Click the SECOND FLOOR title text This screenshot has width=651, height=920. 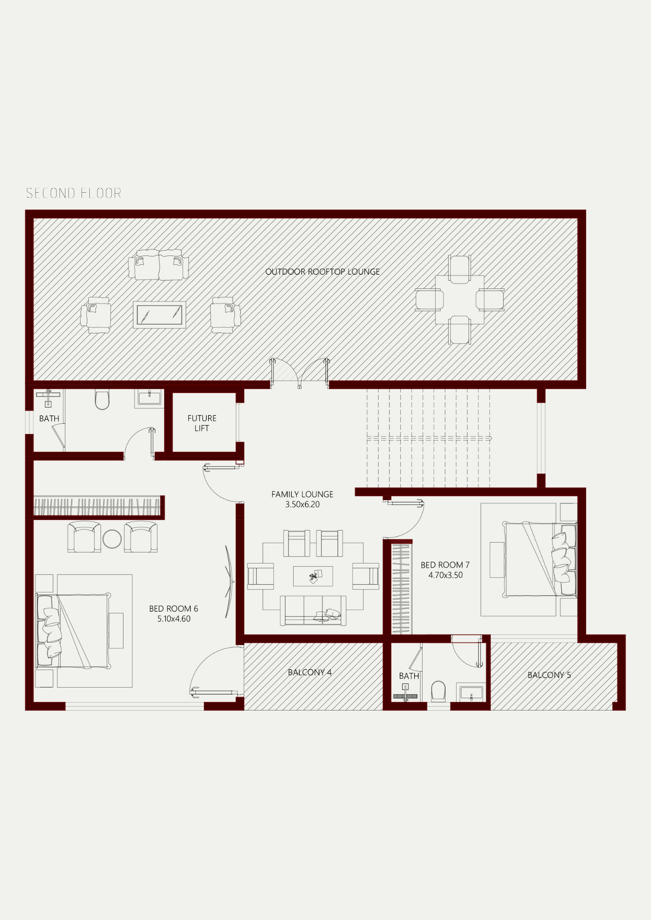pyautogui.click(x=74, y=193)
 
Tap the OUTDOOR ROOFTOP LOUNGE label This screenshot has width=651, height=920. pyautogui.click(x=323, y=272)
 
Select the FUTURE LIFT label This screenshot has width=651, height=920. pyautogui.click(x=202, y=423)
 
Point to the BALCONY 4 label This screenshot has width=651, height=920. pyautogui.click(x=310, y=673)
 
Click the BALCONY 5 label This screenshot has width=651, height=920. pyautogui.click(x=549, y=675)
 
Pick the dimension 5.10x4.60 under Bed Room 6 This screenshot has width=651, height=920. pyautogui.click(x=174, y=619)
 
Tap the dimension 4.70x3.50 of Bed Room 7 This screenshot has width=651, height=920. pyautogui.click(x=446, y=575)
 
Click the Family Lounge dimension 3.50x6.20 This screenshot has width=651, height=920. pyautogui.click(x=302, y=505)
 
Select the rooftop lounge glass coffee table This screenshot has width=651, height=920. pyautogui.click(x=159, y=315)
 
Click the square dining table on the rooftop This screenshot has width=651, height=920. pyautogui.click(x=459, y=300)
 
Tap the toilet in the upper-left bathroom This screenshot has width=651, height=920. pyautogui.click(x=102, y=399)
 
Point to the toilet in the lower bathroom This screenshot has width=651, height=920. pyautogui.click(x=438, y=691)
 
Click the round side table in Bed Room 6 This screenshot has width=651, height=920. pyautogui.click(x=112, y=539)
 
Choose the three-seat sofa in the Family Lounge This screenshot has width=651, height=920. pyautogui.click(x=313, y=610)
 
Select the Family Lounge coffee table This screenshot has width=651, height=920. pyautogui.click(x=313, y=576)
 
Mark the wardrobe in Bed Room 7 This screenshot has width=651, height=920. pyautogui.click(x=401, y=589)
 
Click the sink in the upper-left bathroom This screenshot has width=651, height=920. pyautogui.click(x=149, y=398)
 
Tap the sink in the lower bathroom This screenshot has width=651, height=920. pyautogui.click(x=471, y=693)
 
